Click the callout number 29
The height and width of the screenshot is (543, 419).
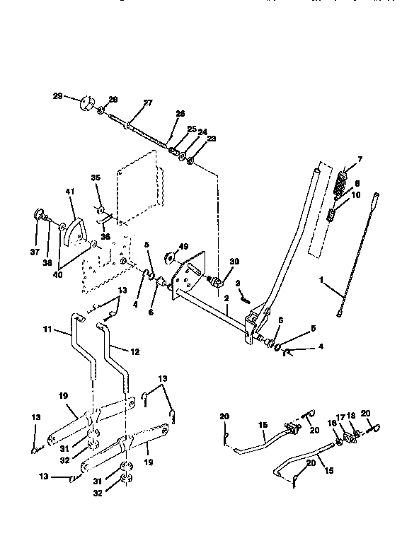[x=57, y=95]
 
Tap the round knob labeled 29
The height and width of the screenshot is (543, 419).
[x=88, y=103]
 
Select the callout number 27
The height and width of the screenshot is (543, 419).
[x=148, y=103]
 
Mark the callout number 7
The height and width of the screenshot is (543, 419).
[x=360, y=160]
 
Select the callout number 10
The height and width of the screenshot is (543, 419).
[x=355, y=194]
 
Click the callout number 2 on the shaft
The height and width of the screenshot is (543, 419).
[x=226, y=299]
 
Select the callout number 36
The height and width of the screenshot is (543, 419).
[x=105, y=238]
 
